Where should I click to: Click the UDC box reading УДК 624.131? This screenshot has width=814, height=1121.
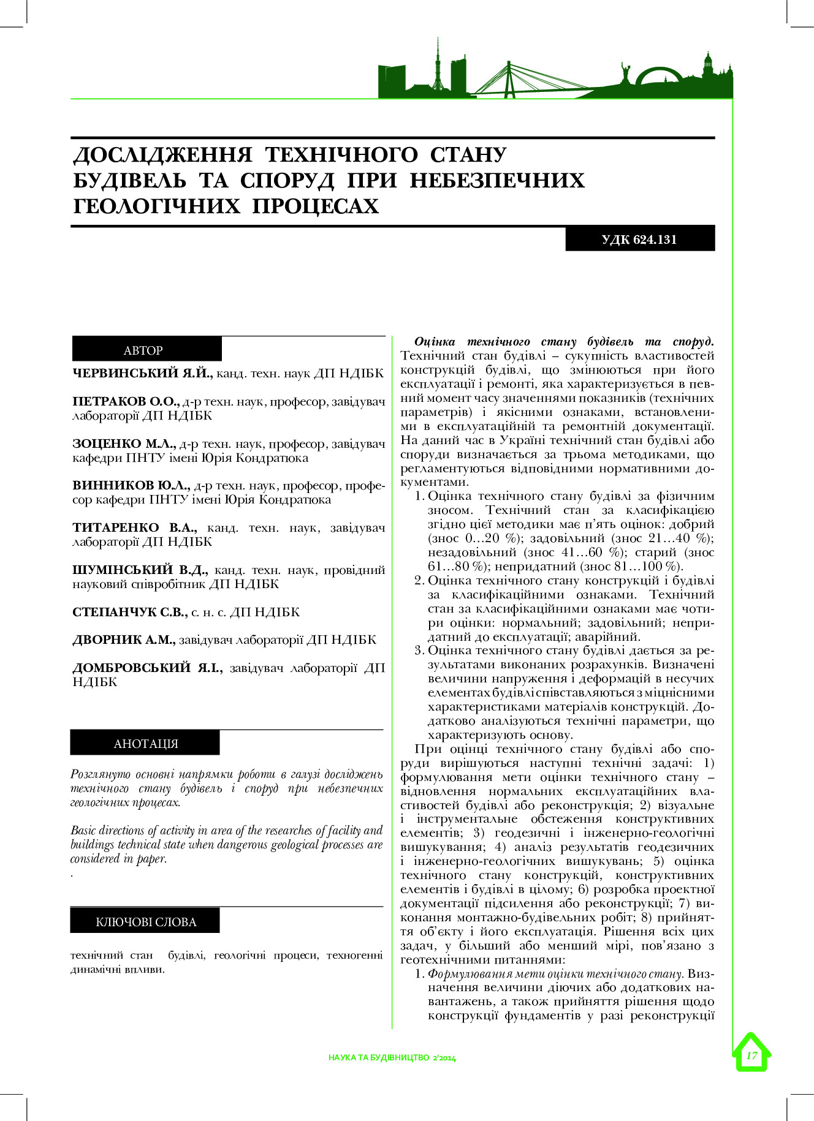click(639, 239)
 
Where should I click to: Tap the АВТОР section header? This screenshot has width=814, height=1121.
click(143, 350)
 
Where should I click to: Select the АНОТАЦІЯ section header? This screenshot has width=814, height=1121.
click(145, 744)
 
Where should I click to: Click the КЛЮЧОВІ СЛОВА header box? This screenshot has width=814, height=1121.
click(145, 922)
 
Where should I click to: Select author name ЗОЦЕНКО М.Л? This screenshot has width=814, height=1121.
click(124, 443)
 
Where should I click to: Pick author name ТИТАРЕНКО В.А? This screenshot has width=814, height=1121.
click(135, 527)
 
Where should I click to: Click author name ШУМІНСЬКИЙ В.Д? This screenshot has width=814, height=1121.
click(140, 570)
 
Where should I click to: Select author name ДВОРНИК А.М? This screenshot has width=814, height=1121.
click(124, 640)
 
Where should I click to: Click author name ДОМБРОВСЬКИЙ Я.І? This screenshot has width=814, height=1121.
click(147, 668)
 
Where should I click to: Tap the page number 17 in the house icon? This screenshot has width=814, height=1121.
click(751, 1055)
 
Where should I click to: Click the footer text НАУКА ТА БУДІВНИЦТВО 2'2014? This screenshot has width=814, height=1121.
click(392, 1057)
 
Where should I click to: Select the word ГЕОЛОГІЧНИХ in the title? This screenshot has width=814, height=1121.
click(157, 206)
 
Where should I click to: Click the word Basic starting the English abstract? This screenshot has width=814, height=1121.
click(84, 831)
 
